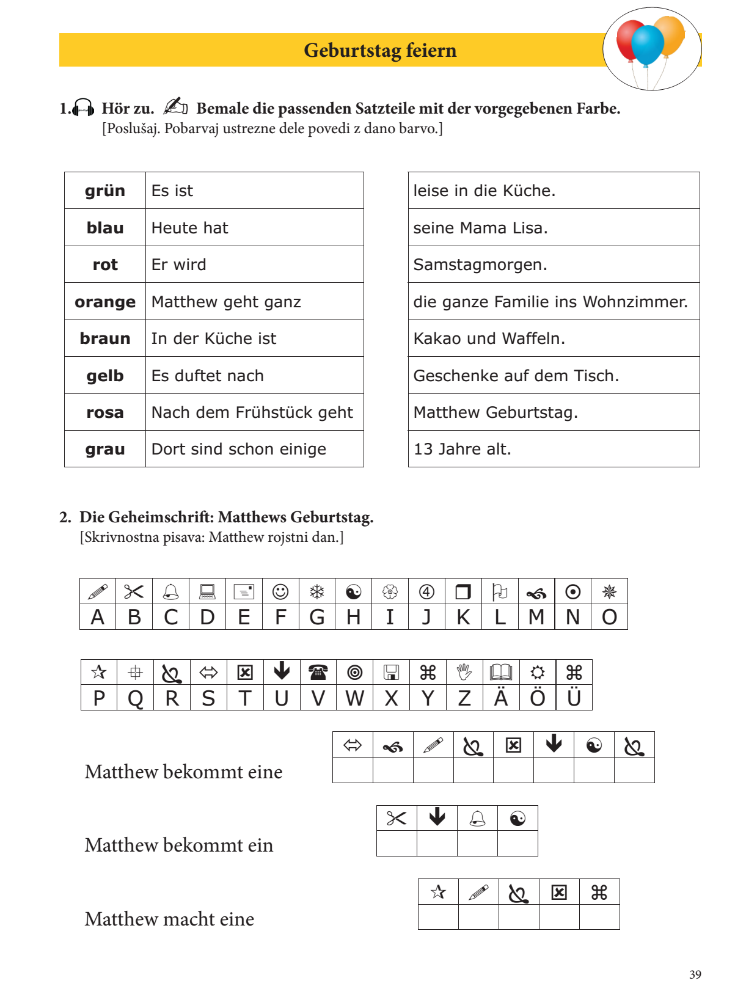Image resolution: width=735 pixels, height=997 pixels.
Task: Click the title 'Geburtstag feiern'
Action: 380,50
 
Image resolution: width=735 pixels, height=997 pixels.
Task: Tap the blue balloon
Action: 647,45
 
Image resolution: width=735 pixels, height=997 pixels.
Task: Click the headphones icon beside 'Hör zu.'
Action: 83,108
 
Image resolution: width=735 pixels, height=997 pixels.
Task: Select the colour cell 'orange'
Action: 105,302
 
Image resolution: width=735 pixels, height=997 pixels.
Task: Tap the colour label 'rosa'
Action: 105,413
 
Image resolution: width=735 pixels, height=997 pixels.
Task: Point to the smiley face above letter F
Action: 280,591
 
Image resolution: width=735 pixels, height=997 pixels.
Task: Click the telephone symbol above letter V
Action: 318,672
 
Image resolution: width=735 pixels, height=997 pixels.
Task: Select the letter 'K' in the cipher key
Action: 463,618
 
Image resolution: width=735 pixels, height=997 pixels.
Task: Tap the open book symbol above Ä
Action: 501,672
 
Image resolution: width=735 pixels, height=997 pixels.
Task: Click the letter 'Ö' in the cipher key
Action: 538,698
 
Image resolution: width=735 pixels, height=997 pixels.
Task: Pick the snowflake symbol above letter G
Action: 316,591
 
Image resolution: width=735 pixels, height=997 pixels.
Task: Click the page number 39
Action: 695,974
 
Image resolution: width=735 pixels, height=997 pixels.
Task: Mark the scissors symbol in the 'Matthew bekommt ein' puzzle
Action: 397,818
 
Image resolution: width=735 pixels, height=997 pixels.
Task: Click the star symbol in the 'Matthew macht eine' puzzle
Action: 438,892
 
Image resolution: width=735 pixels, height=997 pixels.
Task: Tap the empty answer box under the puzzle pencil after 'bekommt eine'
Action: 433,770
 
